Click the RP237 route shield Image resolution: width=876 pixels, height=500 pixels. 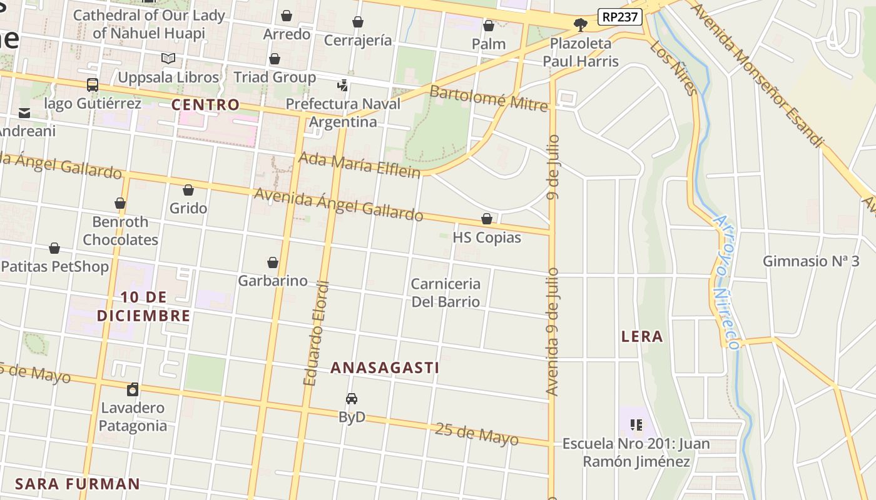tap(620, 17)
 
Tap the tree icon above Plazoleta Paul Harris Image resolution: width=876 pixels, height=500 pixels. tap(580, 25)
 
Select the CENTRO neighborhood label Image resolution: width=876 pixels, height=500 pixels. tap(205, 104)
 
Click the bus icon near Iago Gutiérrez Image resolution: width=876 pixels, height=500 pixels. tap(92, 84)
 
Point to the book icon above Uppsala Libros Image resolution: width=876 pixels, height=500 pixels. tap(168, 59)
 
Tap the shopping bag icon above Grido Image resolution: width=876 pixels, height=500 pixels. tap(188, 190)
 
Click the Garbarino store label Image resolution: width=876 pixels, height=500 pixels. tap(273, 281)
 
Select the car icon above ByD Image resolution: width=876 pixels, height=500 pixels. tap(352, 399)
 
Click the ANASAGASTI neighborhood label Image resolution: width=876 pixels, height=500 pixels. tap(385, 367)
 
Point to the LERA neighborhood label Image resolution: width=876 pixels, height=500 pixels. tap(642, 337)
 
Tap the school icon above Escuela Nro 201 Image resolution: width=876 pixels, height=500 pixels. tap(636, 426)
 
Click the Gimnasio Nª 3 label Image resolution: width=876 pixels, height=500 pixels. tap(811, 261)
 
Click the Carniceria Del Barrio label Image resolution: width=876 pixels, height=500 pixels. tap(446, 292)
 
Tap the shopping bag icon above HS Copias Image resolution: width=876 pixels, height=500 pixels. tap(486, 219)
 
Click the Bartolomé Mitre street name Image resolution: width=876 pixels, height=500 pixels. tap(489, 98)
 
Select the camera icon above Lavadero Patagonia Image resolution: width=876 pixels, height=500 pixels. tap(133, 390)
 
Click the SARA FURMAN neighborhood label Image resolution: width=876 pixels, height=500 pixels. tap(78, 484)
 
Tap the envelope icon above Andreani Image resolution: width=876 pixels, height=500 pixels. tap(24, 113)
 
